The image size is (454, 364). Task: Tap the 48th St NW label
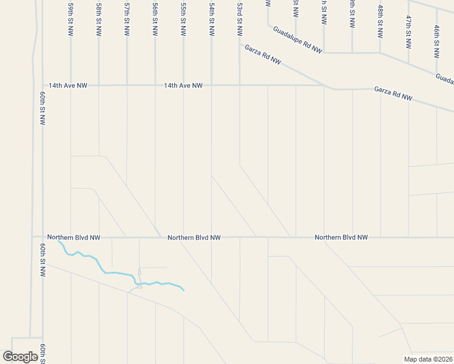tap(381, 22)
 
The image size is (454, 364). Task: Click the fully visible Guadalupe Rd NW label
tap(297, 39)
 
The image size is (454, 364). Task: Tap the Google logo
tap(20, 357)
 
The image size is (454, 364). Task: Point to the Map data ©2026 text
tap(428, 359)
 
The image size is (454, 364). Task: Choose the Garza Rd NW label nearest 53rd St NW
tap(263, 54)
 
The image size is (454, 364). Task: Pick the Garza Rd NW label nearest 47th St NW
tap(393, 93)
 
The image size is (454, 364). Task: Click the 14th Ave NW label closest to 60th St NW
tap(68, 86)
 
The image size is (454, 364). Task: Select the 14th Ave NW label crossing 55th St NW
tap(183, 86)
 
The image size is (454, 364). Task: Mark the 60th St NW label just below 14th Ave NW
tap(42, 109)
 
